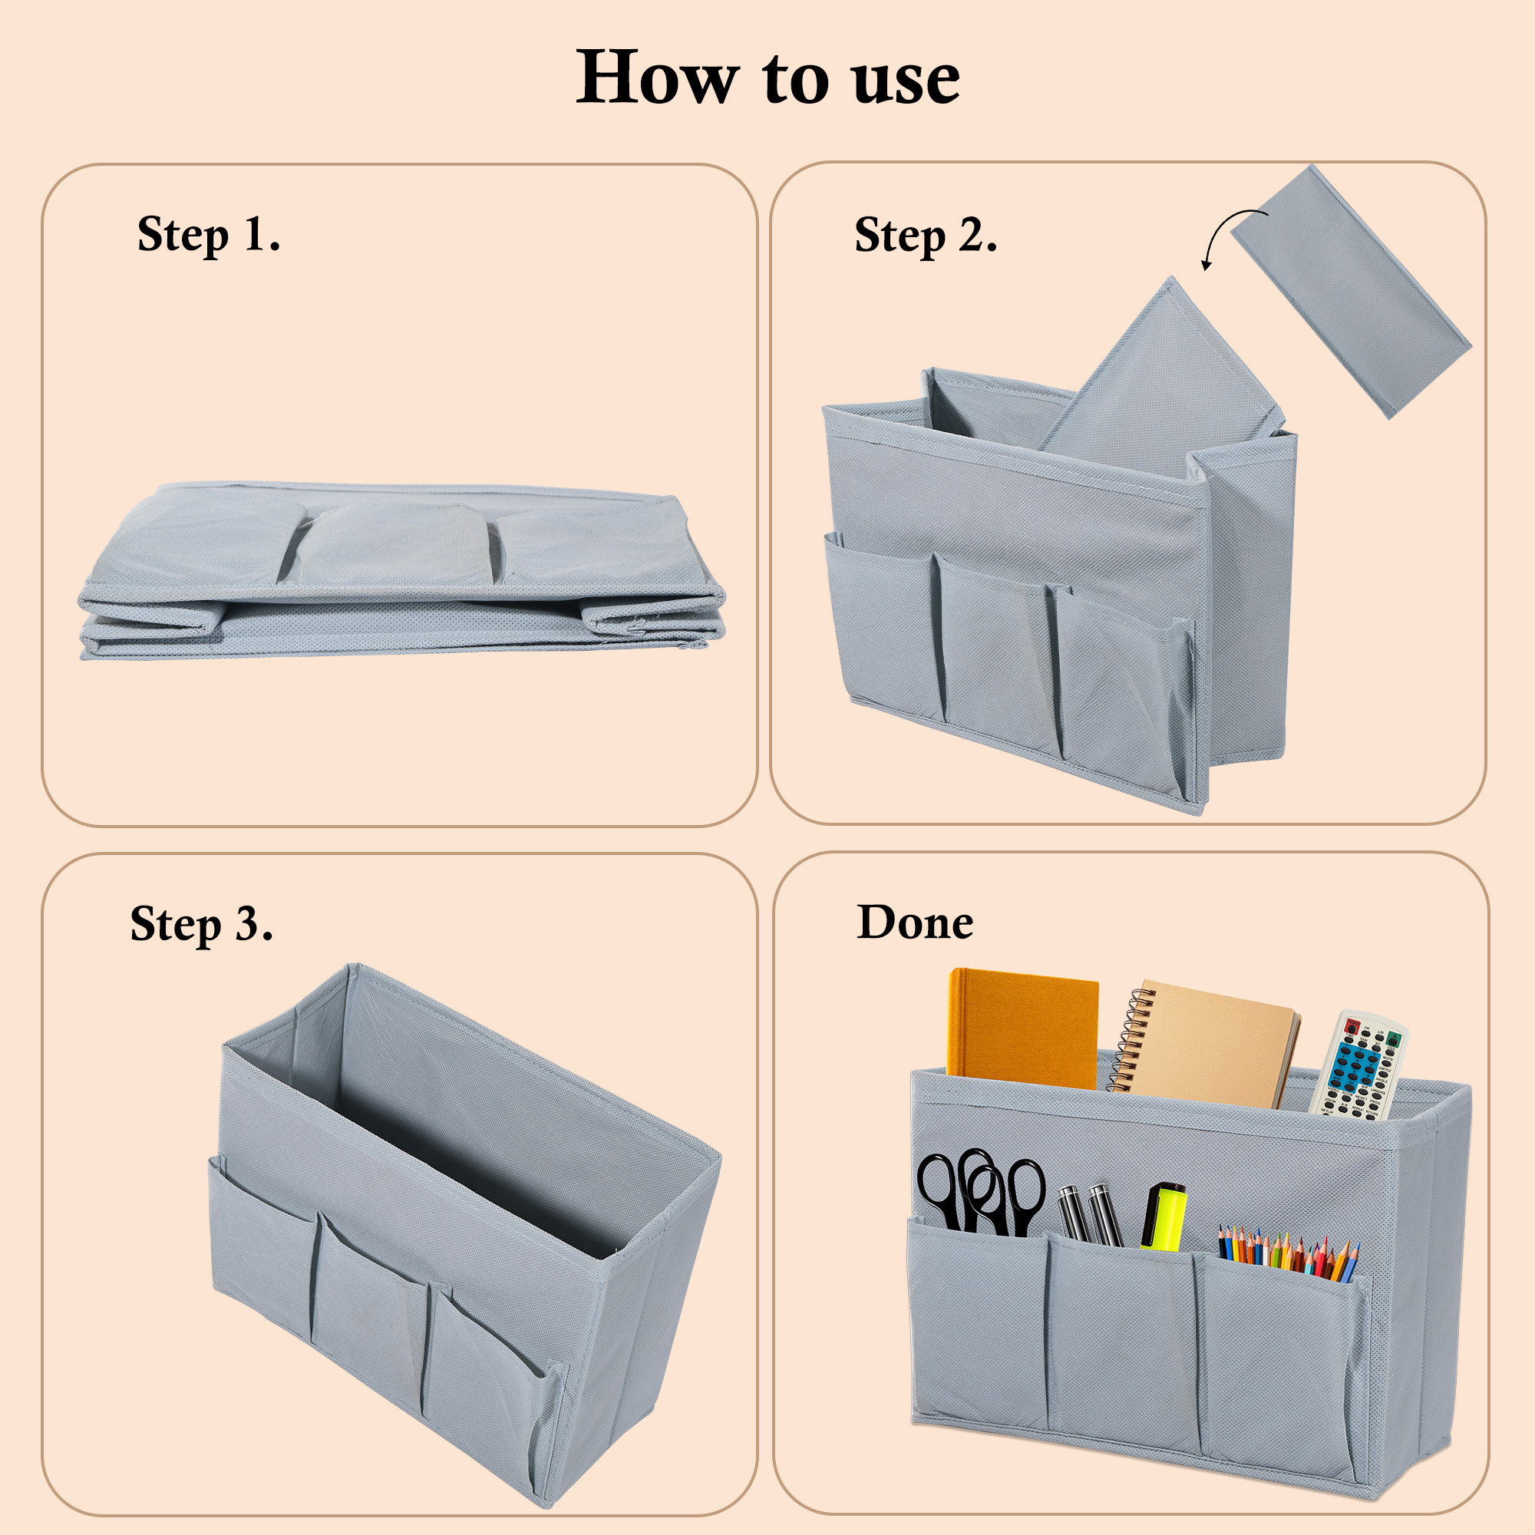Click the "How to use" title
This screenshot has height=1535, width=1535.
pyautogui.click(x=767, y=77)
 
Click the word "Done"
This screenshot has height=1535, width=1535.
pyautogui.click(x=915, y=922)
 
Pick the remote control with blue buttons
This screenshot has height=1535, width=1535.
pyautogui.click(x=1358, y=1065)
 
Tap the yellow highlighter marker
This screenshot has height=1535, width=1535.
pyautogui.click(x=1165, y=1216)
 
